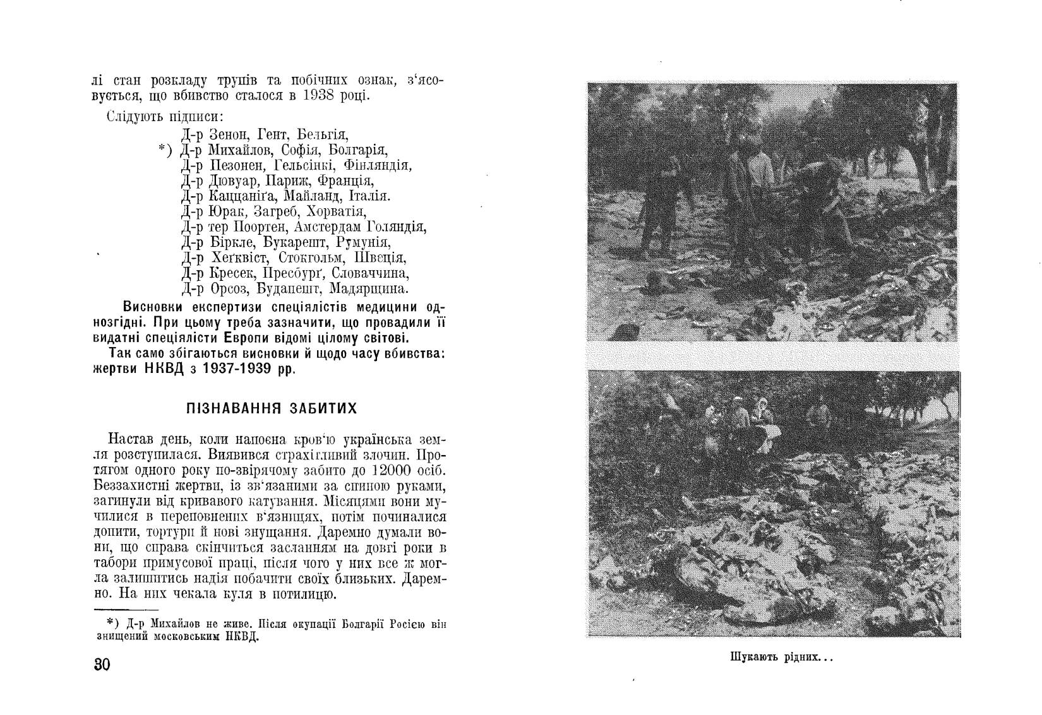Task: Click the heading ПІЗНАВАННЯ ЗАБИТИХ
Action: click(x=272, y=409)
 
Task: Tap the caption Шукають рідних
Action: click(x=782, y=658)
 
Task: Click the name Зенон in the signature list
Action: click(x=227, y=134)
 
